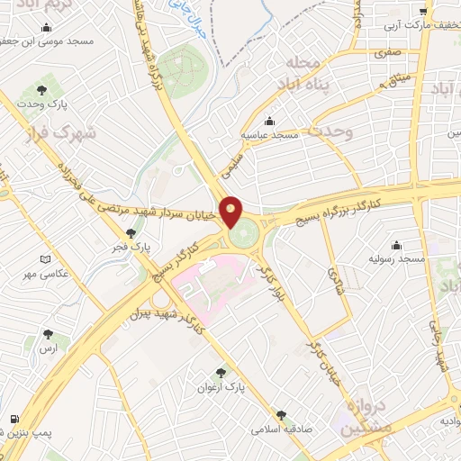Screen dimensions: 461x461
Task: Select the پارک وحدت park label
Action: tap(42, 105)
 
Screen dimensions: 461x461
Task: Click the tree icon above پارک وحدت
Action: tap(41, 89)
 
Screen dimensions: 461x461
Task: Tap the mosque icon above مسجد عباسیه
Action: tap(268, 121)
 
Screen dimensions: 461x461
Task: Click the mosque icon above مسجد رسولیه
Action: tap(397, 245)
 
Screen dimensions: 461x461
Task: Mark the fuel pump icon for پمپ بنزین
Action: tap(14, 419)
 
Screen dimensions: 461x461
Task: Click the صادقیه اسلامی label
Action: tap(282, 430)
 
